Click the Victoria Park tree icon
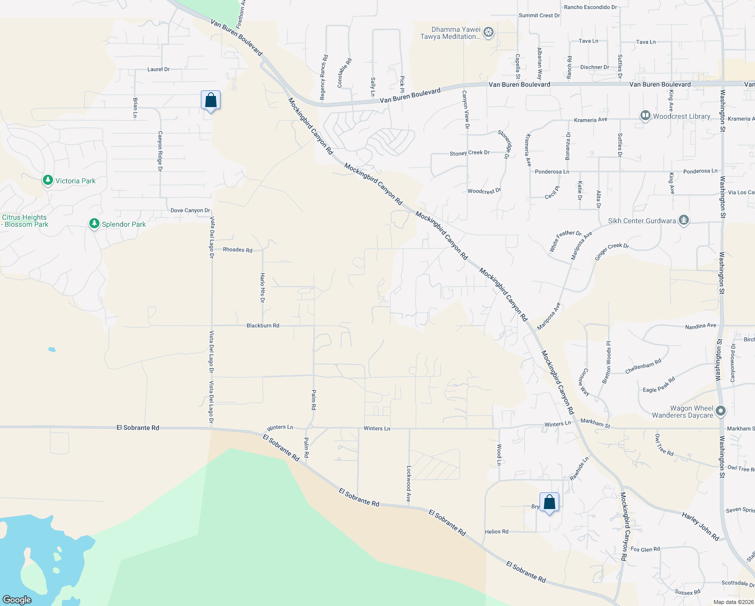coord(48,180)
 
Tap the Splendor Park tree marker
coord(94,224)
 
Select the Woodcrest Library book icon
coord(645,116)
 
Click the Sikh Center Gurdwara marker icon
coord(684,221)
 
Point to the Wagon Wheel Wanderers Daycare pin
coord(721,411)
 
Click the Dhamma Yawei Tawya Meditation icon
coord(488,33)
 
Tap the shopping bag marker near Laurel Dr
coord(210,100)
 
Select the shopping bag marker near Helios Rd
coord(549,502)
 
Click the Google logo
coord(17,599)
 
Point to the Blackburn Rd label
coord(262,326)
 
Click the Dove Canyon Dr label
coord(190,211)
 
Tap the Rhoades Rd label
coord(237,250)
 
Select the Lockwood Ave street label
coord(409,483)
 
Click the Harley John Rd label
coord(700,526)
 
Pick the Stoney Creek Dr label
coord(469,153)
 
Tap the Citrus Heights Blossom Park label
coord(25,221)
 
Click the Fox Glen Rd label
coord(645,549)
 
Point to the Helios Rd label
coord(497,532)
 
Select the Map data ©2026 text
coord(733,601)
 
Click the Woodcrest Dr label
coord(484,191)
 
